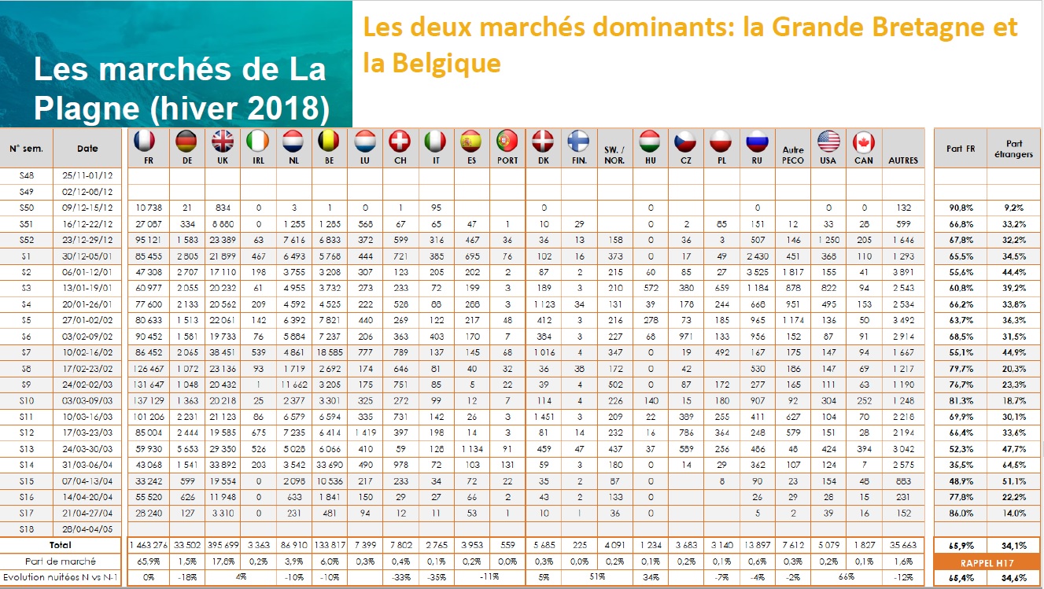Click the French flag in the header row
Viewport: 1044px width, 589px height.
pos(145,142)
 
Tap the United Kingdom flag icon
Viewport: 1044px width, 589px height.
pos(223,142)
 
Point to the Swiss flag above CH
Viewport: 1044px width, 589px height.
pos(400,142)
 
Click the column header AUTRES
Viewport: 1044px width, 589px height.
pos(903,160)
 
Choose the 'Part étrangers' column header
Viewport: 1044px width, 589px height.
pos(1014,148)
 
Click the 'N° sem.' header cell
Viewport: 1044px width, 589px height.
pos(27,148)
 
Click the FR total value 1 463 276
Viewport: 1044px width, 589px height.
pos(145,544)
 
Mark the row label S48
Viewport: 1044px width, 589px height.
pos(27,175)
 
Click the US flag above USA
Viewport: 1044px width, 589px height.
pos(828,142)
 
